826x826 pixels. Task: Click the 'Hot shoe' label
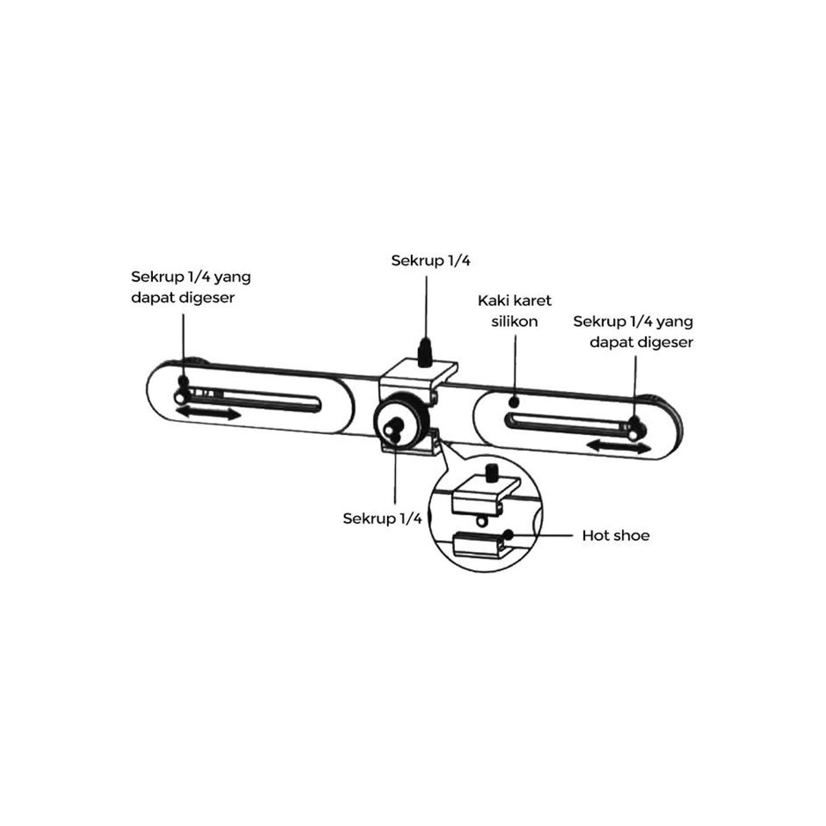[x=615, y=536]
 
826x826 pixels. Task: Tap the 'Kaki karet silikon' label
[x=514, y=310]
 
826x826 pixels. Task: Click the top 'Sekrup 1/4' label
[x=430, y=261]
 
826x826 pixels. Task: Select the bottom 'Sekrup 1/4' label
[x=382, y=518]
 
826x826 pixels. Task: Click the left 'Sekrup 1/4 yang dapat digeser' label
[x=191, y=287]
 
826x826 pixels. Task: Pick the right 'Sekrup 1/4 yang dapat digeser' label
[x=633, y=331]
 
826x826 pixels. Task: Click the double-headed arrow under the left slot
[x=209, y=414]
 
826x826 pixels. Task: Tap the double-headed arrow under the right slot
[x=619, y=447]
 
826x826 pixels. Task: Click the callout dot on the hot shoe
[x=509, y=534]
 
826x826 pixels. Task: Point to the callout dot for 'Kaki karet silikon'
[x=514, y=401]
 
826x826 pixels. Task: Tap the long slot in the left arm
[x=253, y=399]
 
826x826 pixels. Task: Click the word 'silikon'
[x=514, y=321]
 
